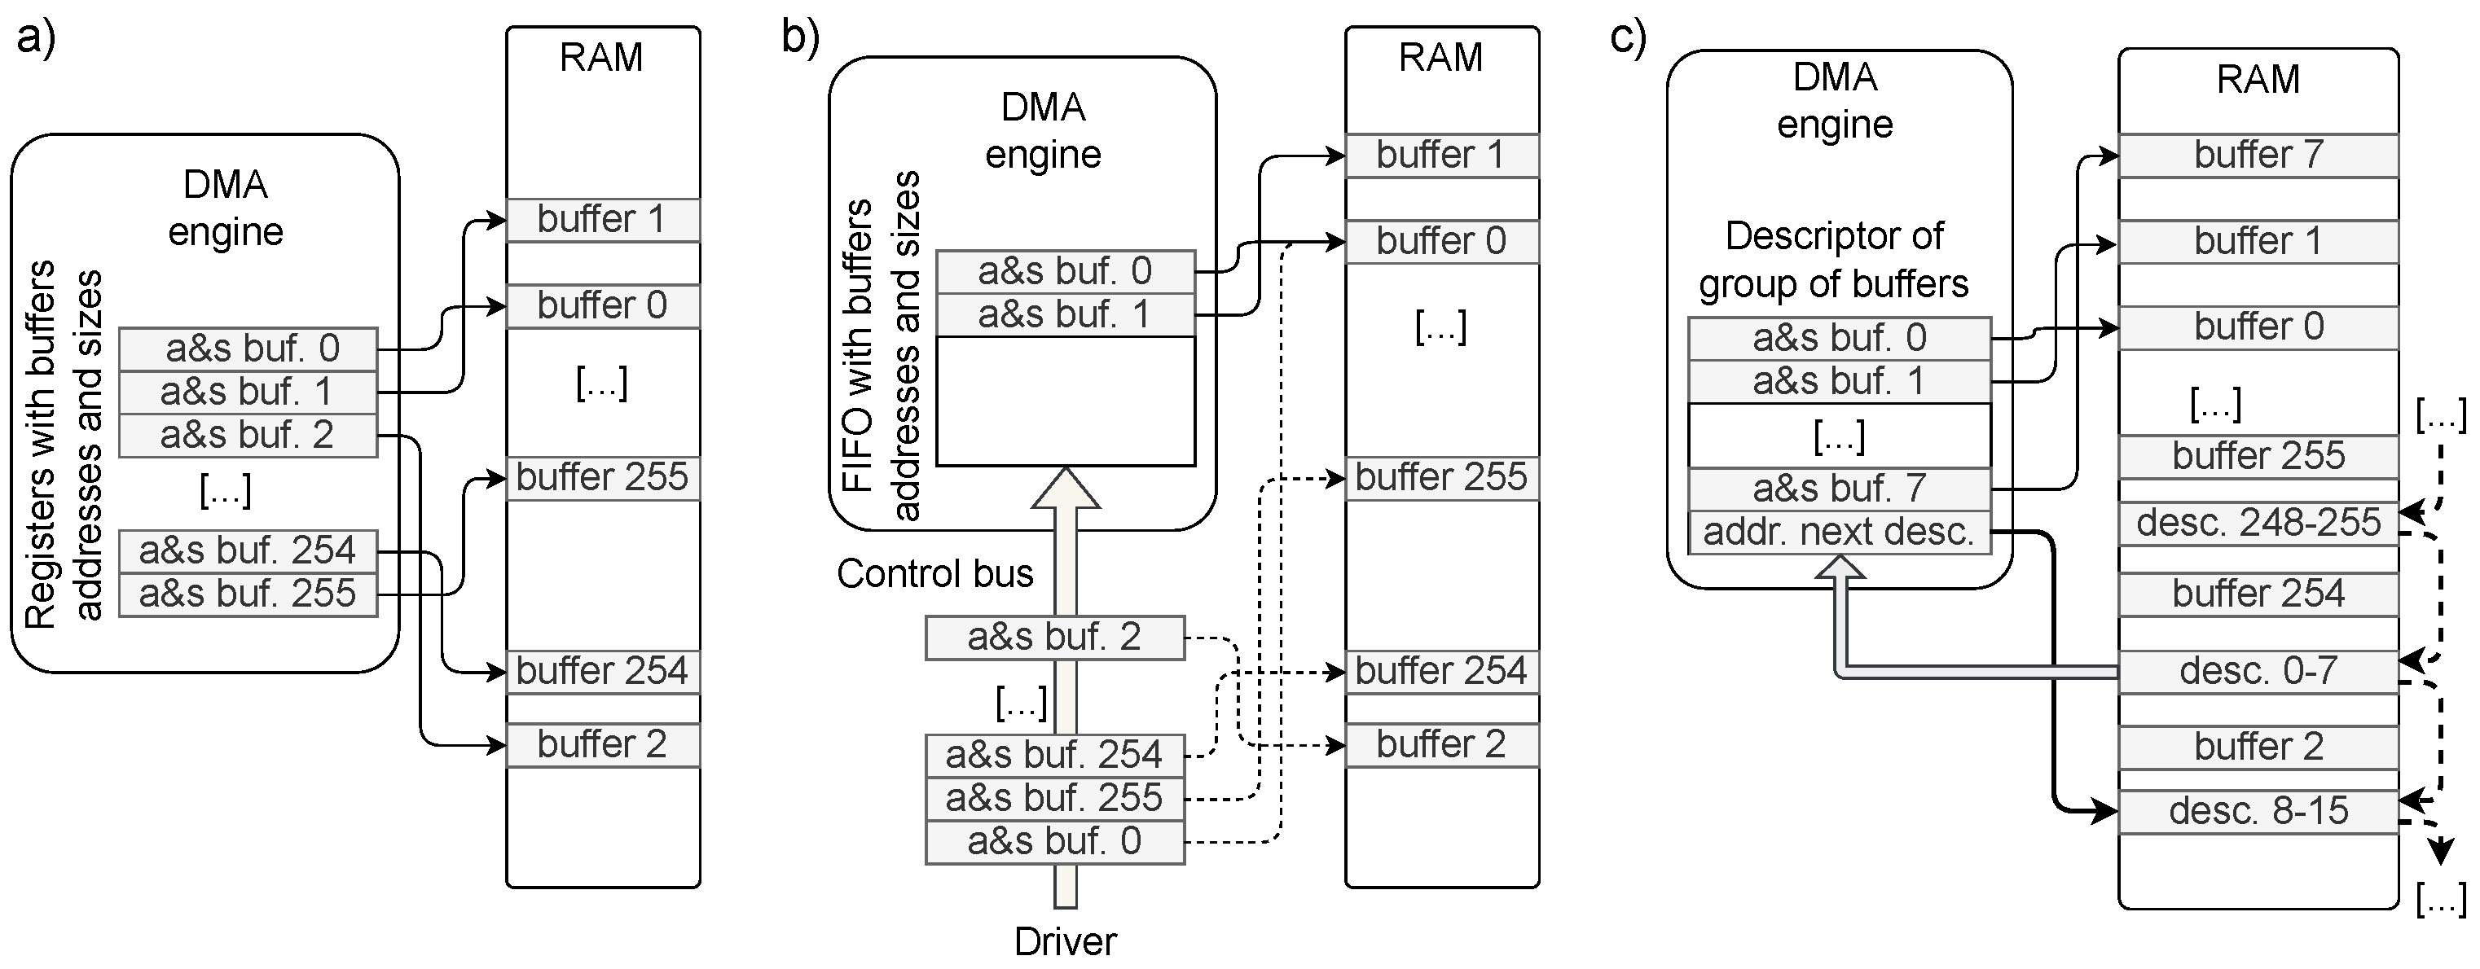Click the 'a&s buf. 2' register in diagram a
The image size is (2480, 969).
248,435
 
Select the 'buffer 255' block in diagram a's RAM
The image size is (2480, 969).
603,477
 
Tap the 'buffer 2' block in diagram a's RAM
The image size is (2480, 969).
603,745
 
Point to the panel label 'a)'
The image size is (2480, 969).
37,38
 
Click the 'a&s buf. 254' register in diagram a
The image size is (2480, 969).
248,550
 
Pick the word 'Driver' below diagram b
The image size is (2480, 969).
1065,941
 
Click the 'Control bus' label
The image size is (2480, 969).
934,573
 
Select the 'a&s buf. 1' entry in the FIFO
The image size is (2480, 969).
1065,314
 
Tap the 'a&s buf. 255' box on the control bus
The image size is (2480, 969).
1054,798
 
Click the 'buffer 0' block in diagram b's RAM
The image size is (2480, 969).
1441,240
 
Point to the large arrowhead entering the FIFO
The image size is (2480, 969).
1065,489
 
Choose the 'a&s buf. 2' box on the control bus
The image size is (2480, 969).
1054,637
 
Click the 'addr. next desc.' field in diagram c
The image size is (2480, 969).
1839,531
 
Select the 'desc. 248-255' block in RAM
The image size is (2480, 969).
2258,523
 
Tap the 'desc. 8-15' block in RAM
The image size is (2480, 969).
2258,811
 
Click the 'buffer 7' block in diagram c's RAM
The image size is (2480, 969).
2258,155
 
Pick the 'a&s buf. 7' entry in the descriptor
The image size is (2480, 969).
1839,488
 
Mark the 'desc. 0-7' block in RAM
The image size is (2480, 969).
2258,671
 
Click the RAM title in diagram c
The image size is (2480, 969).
2258,79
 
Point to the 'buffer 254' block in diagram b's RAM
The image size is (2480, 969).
1441,671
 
